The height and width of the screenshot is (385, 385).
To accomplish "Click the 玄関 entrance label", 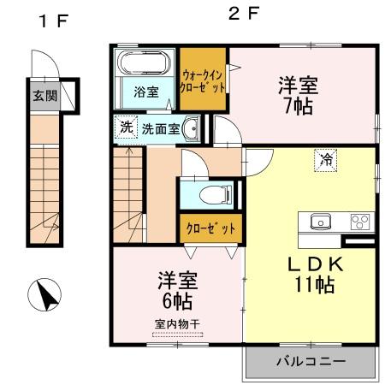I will coord(44,95).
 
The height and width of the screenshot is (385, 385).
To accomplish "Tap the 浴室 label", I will coord(145,92).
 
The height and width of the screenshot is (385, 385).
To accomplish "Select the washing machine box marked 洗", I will coord(126,128).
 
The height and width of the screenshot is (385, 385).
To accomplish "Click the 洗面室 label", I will coord(160,129).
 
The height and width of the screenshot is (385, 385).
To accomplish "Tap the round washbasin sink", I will coord(191,130).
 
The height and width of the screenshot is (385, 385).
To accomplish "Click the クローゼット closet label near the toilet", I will coord(210,228).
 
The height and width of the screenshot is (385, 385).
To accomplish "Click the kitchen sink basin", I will coord(319,221).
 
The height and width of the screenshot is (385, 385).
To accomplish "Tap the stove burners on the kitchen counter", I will coord(359,221).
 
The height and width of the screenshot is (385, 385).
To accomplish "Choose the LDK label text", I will coord(308,265).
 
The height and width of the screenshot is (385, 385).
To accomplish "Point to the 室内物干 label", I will coord(177,325).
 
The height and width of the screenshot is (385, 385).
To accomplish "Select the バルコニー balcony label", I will coord(311,362).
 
